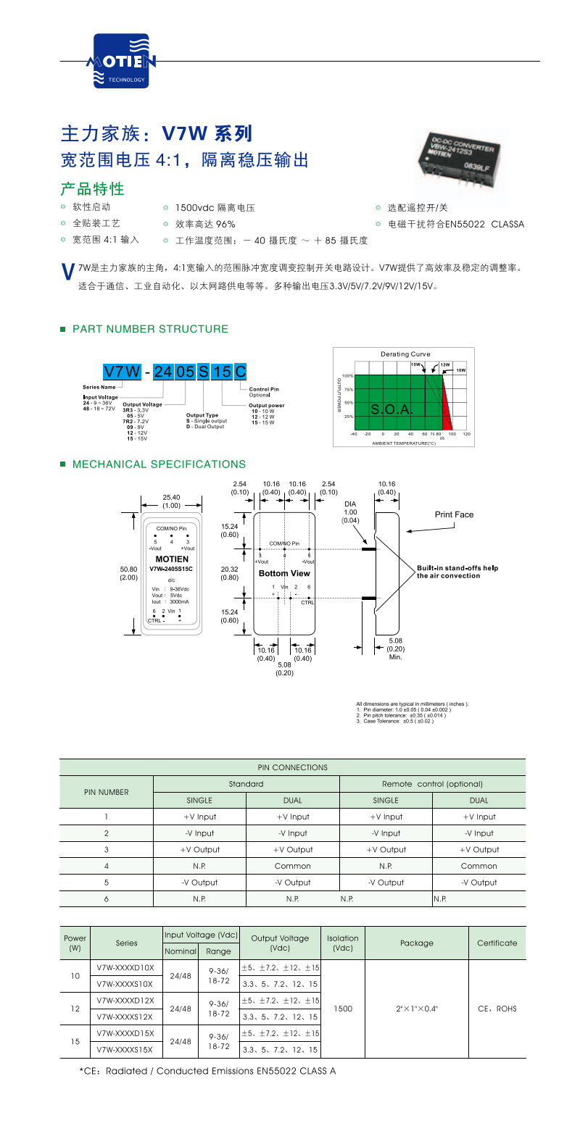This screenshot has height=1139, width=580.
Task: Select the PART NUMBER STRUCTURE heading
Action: point(150,329)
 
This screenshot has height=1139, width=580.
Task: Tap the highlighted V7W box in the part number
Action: point(122,372)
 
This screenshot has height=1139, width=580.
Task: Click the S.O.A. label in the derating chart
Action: point(391,409)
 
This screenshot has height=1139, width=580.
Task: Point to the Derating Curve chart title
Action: point(405,354)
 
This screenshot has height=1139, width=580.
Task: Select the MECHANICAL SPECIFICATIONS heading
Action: point(159,464)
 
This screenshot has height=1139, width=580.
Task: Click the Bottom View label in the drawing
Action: point(284,573)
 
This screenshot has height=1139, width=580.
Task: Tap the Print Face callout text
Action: point(454,514)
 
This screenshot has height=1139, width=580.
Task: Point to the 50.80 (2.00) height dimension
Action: point(128,573)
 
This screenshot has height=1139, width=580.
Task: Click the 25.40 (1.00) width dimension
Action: point(172,501)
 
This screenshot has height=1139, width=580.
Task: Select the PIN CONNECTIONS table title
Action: point(293,767)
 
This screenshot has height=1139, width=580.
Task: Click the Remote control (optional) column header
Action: point(432,784)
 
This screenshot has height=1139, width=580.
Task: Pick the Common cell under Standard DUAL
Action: point(293,866)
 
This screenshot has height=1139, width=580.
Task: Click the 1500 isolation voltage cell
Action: point(343,1009)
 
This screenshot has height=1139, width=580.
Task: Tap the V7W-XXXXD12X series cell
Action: point(125,1001)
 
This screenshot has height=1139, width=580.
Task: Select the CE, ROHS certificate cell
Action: point(497,1009)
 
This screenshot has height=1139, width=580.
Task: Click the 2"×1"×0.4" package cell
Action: point(417,1009)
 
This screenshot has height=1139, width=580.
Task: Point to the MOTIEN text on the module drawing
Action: point(172,559)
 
